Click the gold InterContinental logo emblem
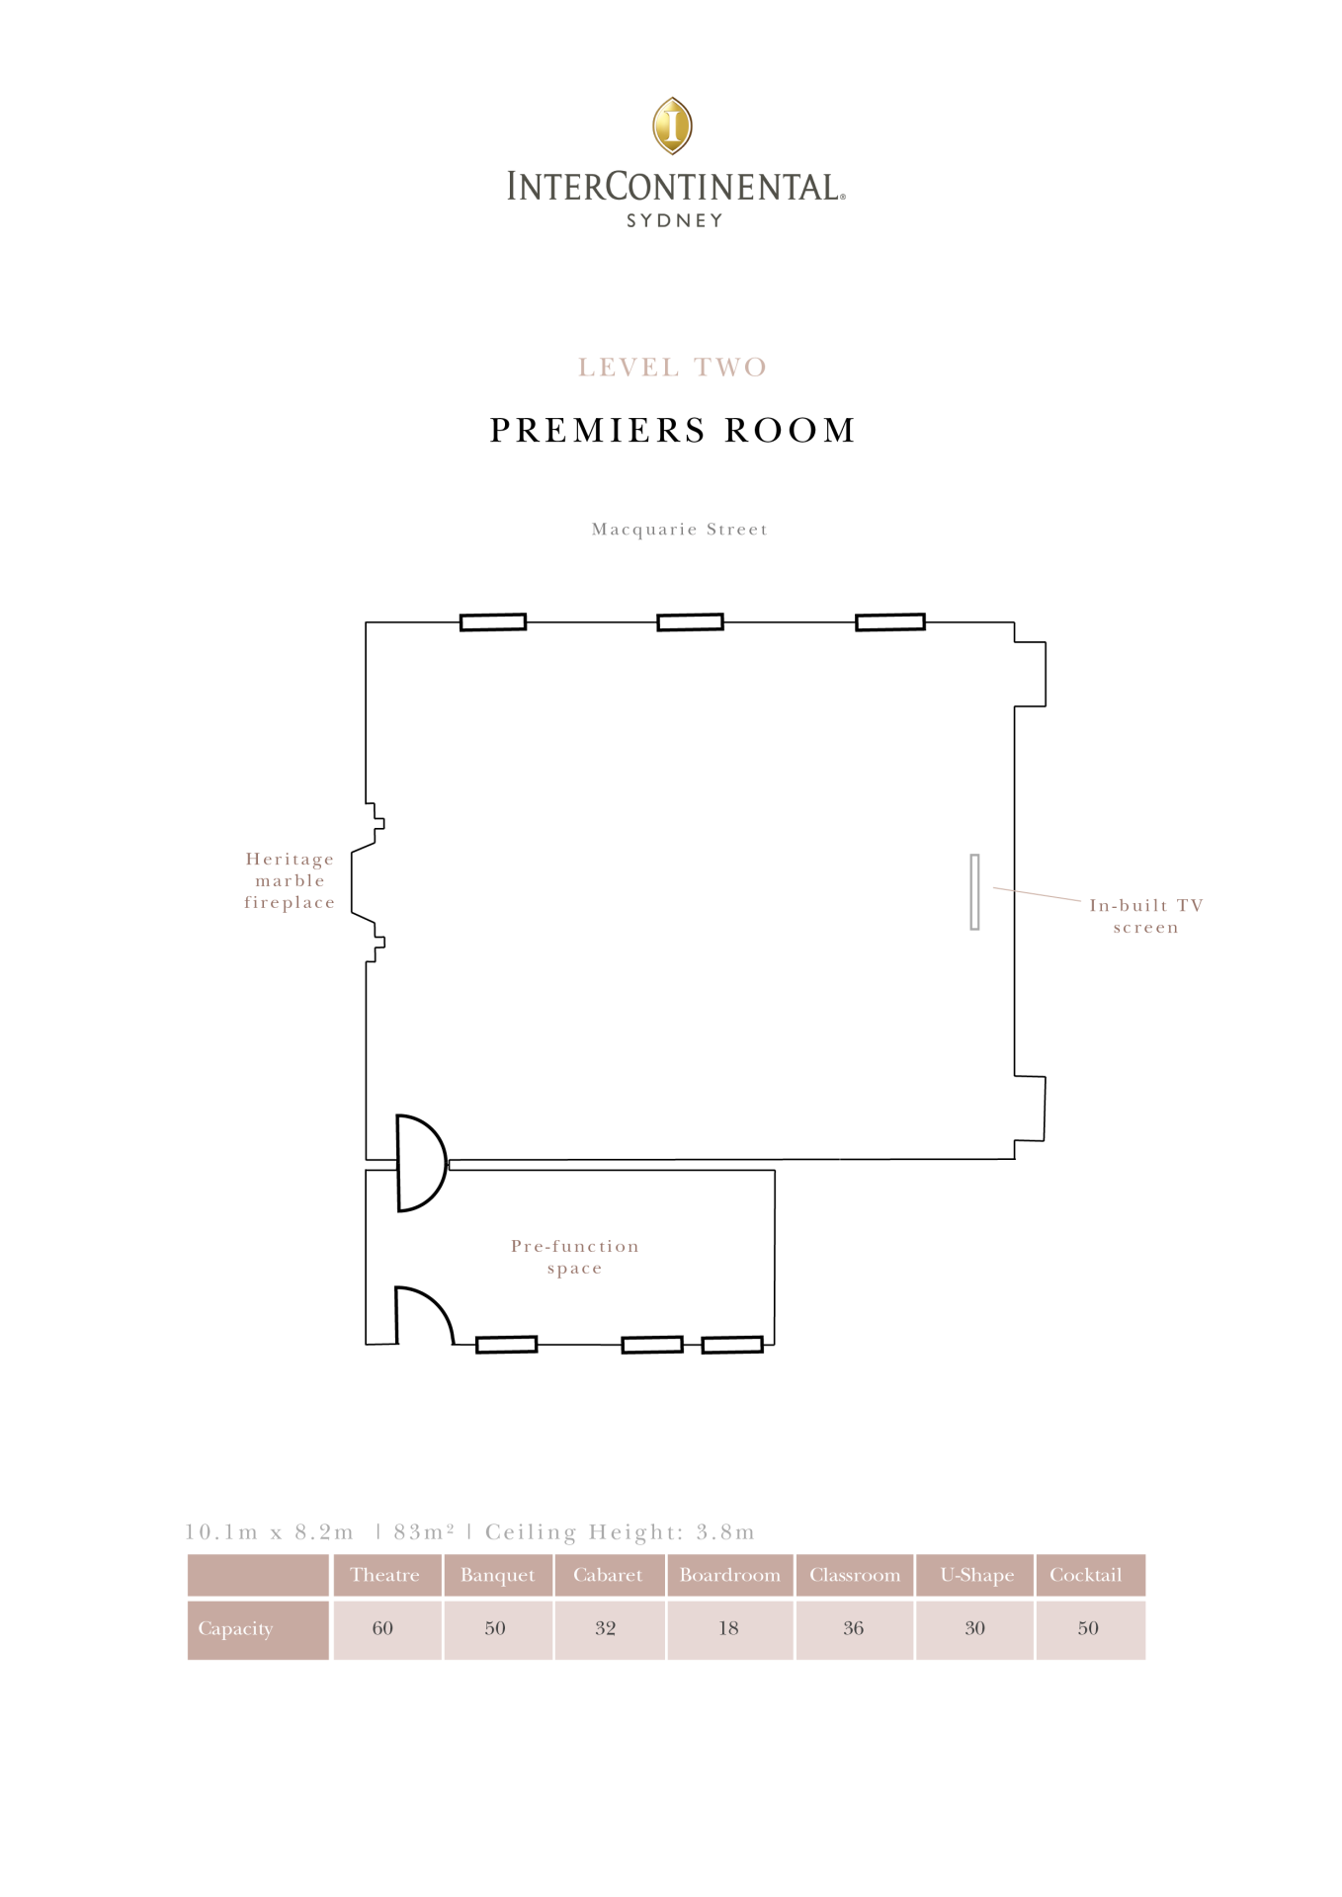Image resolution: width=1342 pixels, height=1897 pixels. (672, 125)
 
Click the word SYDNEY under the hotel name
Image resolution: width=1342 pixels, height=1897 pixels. (675, 220)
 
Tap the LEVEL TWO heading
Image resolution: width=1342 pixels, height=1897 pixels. (673, 368)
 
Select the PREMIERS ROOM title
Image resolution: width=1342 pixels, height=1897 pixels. (673, 430)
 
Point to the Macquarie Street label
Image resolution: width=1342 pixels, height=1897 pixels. (680, 530)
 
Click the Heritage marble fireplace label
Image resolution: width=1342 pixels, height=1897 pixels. (290, 880)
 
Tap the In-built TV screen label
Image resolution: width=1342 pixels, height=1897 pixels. (1146, 916)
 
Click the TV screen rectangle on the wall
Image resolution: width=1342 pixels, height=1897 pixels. (974, 891)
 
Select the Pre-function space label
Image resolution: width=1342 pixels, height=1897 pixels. (575, 1257)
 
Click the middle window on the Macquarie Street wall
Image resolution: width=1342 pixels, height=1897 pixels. (691, 621)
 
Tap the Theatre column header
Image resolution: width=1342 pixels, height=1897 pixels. (385, 1575)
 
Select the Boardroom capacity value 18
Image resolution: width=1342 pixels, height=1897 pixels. (728, 1628)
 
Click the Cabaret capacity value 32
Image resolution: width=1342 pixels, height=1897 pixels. (606, 1628)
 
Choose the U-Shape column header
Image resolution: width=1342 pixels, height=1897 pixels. (977, 1575)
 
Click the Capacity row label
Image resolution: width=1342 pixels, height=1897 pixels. (235, 1629)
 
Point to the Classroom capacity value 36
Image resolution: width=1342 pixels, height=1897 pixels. (854, 1628)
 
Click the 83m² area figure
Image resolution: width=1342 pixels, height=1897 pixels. (424, 1531)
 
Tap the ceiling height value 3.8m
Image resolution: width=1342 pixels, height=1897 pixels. (725, 1532)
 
